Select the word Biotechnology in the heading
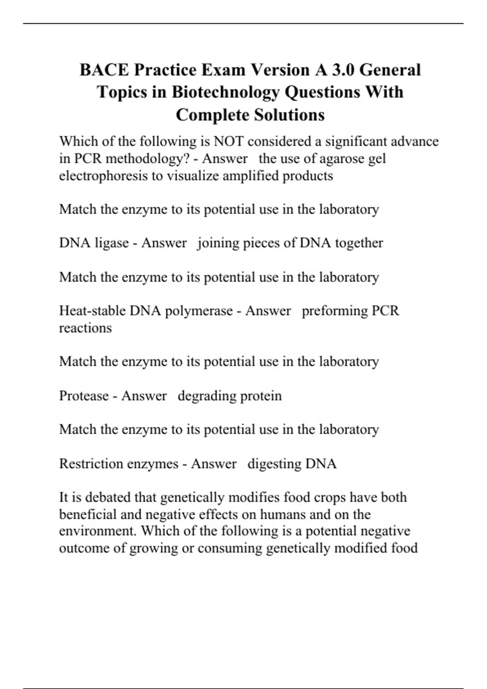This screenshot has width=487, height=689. pyautogui.click(x=226, y=92)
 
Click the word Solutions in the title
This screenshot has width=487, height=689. pyautogui.click(x=289, y=115)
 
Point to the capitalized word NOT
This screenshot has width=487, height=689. pyautogui.click(x=228, y=141)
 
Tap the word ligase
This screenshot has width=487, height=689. pyautogui.click(x=112, y=243)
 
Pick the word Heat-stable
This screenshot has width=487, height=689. pyautogui.click(x=93, y=311)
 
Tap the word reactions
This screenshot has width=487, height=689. pyautogui.click(x=85, y=328)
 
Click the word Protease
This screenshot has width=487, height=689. pyautogui.click(x=84, y=396)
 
